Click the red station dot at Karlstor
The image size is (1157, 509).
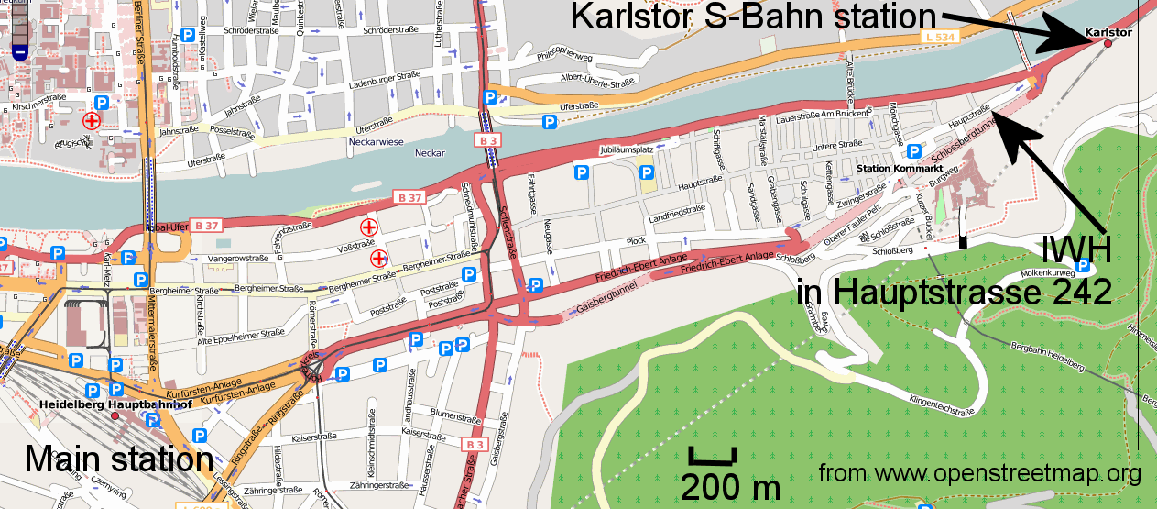coord(1108,43)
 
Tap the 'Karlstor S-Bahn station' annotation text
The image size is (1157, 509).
coord(752,16)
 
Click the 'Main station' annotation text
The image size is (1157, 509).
coord(118,458)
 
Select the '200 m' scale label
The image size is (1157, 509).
coord(730,485)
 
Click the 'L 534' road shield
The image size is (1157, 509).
coord(937,36)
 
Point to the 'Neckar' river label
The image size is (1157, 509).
coord(430,153)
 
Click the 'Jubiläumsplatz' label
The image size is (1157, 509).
coord(626,149)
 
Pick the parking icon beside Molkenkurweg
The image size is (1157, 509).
coord(1084,266)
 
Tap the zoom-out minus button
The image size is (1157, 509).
coord(20,52)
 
